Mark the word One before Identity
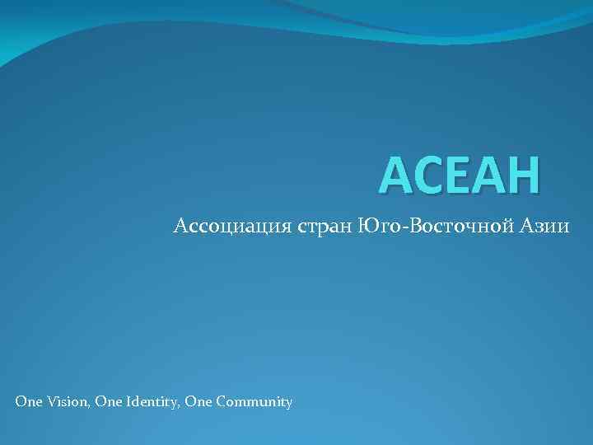tap(106, 402)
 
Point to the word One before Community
tap(197, 402)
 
